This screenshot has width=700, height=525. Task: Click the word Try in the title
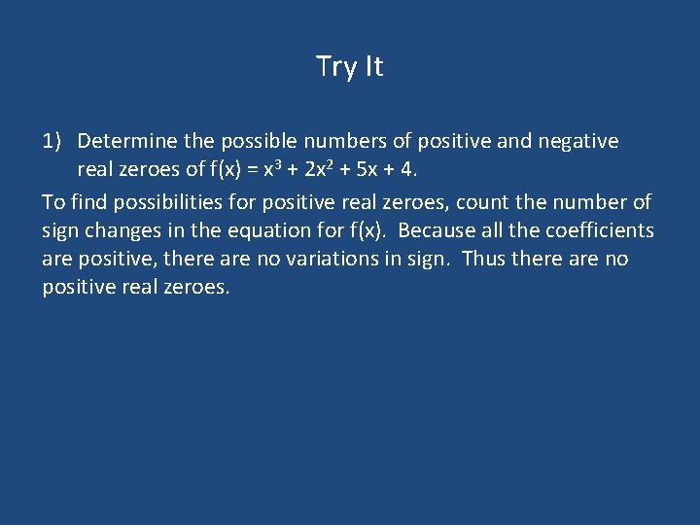coord(335,67)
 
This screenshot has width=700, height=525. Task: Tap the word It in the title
coord(372,66)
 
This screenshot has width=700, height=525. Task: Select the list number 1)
coord(53,142)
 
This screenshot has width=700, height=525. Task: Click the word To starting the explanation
coord(53,202)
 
